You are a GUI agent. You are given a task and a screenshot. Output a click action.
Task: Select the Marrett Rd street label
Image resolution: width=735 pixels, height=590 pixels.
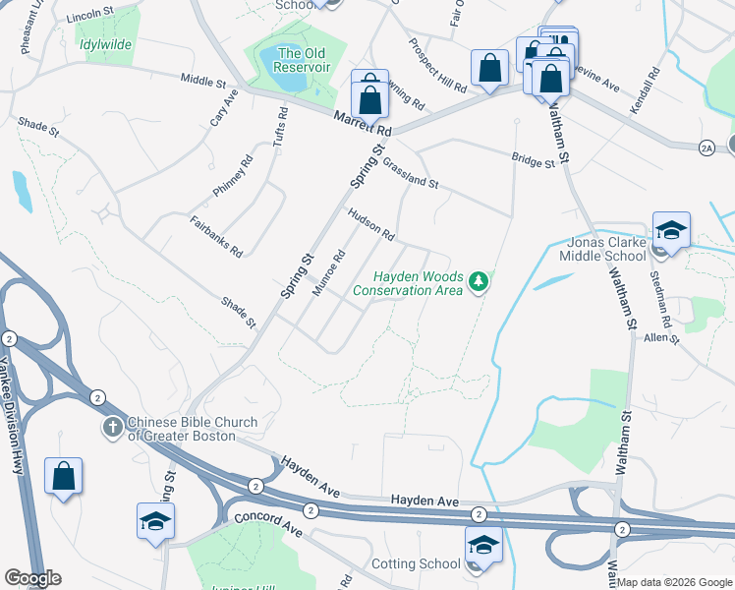tap(362, 123)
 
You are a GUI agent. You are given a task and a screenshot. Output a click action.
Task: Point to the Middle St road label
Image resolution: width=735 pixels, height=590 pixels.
tap(203, 81)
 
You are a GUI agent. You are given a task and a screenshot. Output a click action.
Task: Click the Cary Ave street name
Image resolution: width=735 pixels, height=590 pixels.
tap(225, 108)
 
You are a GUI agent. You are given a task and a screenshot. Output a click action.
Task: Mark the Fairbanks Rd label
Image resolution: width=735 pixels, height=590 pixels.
tap(216, 236)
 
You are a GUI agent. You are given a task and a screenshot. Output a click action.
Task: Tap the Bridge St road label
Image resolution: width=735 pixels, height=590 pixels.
tap(534, 159)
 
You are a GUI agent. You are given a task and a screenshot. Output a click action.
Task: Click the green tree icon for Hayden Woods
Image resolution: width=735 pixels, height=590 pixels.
tap(479, 283)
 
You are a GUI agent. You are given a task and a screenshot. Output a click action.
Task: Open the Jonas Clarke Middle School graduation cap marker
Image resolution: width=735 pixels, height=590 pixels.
tap(671, 231)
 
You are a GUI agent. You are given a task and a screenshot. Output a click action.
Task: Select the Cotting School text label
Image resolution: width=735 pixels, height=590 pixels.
tap(416, 563)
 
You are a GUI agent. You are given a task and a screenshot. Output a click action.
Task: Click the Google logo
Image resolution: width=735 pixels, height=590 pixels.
tap(32, 577)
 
